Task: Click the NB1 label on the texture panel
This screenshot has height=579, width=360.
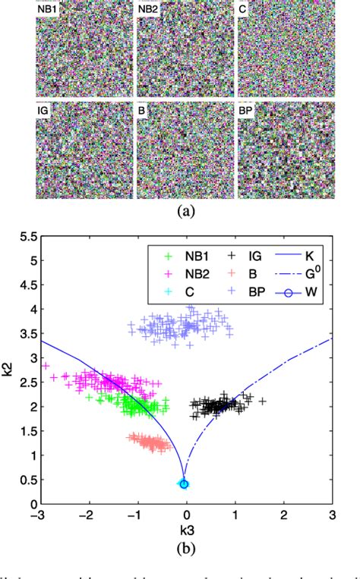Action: pyautogui.click(x=49, y=8)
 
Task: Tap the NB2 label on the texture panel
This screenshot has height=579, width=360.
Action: pyautogui.click(x=149, y=8)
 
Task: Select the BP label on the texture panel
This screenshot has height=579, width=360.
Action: pyautogui.click(x=247, y=111)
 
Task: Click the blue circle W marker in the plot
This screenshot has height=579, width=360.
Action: pyautogui.click(x=184, y=483)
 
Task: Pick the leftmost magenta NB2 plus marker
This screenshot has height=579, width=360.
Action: pyautogui.click(x=46, y=366)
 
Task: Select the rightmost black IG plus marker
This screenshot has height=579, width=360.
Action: pyautogui.click(x=264, y=401)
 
